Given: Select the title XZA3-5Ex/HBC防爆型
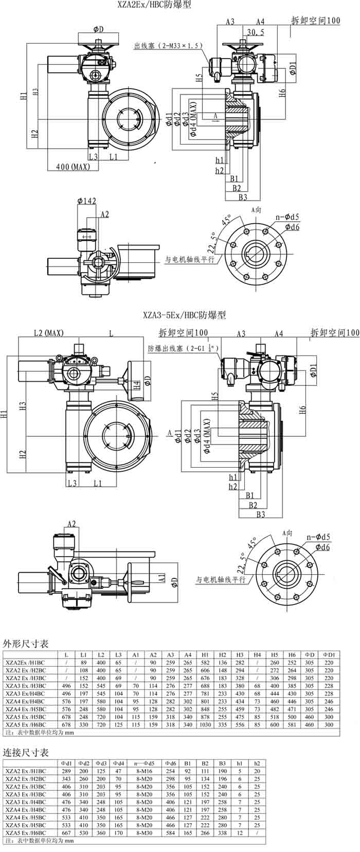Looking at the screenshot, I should (x=185, y=314).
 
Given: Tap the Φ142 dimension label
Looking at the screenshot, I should (x=87, y=201).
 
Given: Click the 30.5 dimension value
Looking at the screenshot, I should (x=256, y=32).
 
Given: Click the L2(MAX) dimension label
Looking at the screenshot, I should (x=49, y=333).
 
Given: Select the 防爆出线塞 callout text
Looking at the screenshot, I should (x=184, y=348).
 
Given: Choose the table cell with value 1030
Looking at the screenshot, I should (x=205, y=724).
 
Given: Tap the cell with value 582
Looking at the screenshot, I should (x=205, y=662).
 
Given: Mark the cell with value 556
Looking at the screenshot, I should (x=240, y=724).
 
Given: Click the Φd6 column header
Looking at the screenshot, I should (x=171, y=763).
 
